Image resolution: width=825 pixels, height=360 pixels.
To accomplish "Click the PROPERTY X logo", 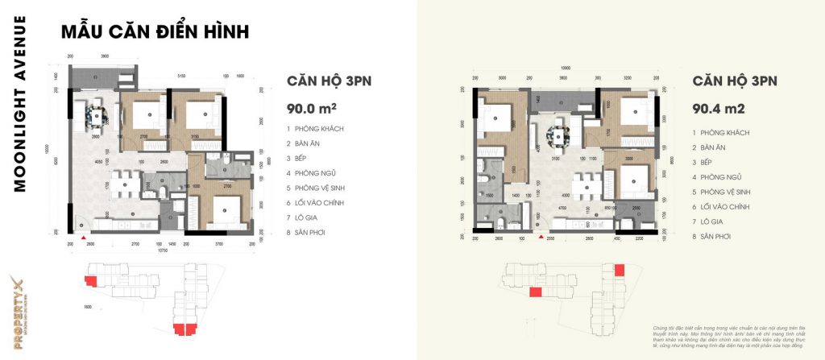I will pyautogui.click(x=18, y=309).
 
